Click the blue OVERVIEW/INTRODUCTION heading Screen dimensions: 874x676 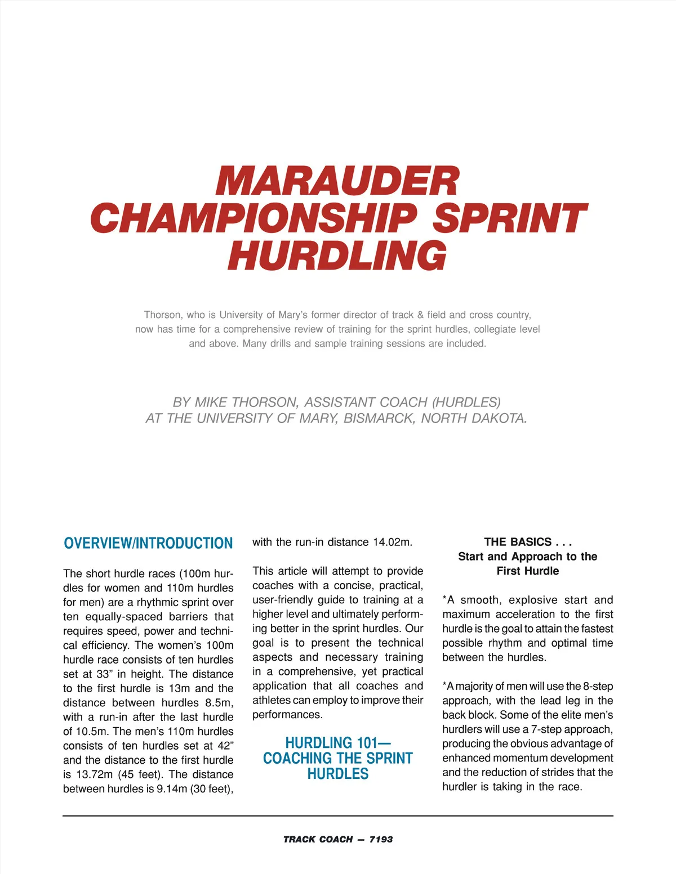148,543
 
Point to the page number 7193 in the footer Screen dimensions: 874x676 381,839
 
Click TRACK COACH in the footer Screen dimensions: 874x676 318,839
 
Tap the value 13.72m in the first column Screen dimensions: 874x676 94,774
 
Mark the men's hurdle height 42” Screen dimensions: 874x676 225,746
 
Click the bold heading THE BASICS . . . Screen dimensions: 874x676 518,542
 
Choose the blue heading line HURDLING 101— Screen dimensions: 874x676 338,743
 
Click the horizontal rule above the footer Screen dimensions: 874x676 338,815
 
